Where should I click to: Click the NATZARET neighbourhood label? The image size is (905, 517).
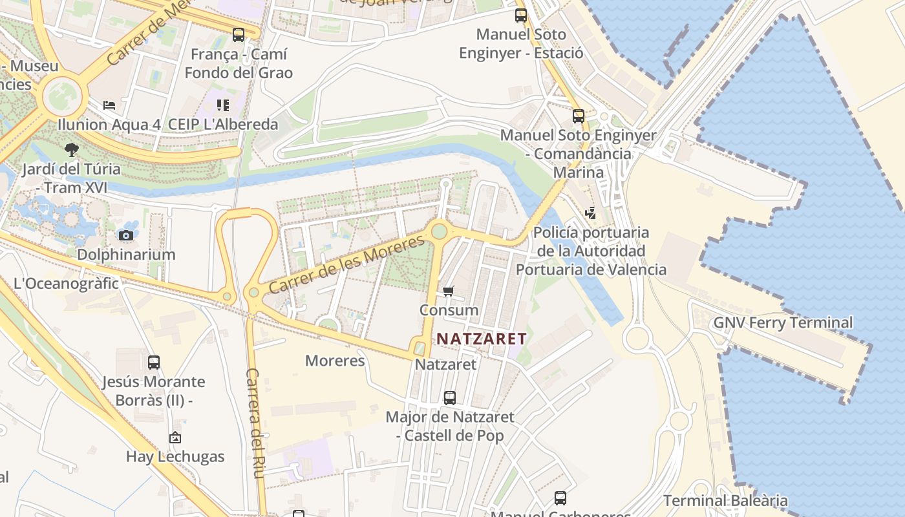pyautogui.click(x=482, y=338)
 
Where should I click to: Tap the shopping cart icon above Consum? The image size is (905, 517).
pyautogui.click(x=449, y=291)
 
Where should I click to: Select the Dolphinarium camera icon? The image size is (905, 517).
pyautogui.click(x=126, y=235)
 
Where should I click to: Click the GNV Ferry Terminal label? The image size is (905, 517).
pyautogui.click(x=783, y=322)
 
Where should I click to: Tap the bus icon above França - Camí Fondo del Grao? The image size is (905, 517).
pyautogui.click(x=239, y=35)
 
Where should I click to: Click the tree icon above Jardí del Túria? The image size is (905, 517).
pyautogui.click(x=72, y=150)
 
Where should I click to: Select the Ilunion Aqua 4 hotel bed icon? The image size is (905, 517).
pyautogui.click(x=109, y=105)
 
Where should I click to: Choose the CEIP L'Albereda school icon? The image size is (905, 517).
pyautogui.click(x=223, y=105)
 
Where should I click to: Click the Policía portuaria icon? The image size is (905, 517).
pyautogui.click(x=590, y=213)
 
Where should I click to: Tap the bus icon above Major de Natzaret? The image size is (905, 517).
pyautogui.click(x=450, y=398)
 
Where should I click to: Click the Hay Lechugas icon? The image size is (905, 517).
pyautogui.click(x=175, y=438)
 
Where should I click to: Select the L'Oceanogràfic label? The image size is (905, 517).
pyautogui.click(x=67, y=283)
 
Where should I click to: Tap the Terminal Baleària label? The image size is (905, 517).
pyautogui.click(x=725, y=500)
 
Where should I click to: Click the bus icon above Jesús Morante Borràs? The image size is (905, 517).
pyautogui.click(x=153, y=363)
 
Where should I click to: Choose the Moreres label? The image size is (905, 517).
pyautogui.click(x=335, y=361)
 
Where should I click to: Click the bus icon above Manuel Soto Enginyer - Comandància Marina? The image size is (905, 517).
pyautogui.click(x=579, y=116)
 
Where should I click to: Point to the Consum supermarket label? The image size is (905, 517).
pyautogui.click(x=449, y=310)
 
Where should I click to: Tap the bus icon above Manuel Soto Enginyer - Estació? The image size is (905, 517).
pyautogui.click(x=521, y=16)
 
